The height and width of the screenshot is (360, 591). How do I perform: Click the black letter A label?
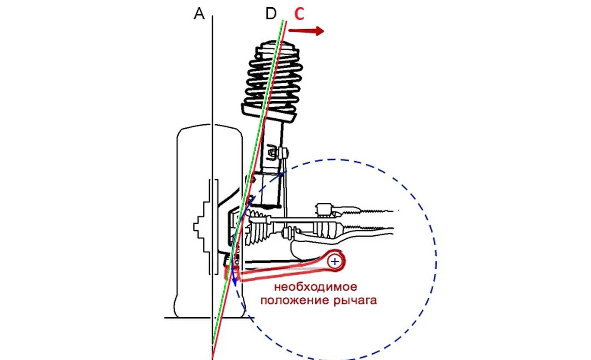coord(199,14)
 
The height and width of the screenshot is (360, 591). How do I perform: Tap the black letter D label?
coord(271,14)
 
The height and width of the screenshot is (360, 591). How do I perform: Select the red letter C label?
coord(299,14)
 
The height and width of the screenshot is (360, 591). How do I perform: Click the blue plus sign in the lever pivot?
coord(335,261)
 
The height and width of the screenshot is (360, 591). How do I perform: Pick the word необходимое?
coord(315,287)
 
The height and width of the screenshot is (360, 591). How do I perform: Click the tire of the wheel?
coord(190,227)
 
